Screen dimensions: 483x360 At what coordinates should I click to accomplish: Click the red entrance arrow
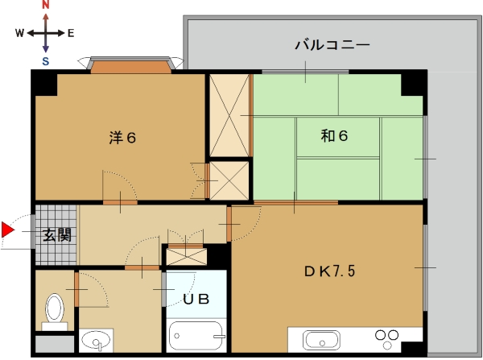pos(7,230)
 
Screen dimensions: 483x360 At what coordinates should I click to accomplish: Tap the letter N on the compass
pos(46,4)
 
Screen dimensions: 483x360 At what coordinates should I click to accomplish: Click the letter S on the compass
pos(46,61)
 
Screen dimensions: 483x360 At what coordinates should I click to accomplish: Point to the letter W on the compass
pos(19,33)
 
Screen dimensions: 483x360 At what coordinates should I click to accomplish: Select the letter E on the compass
pos(71,33)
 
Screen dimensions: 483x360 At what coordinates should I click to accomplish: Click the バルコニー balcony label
pos(332,45)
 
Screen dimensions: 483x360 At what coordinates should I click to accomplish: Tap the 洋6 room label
pos(122,138)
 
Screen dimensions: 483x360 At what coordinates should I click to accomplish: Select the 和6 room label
pos(334,135)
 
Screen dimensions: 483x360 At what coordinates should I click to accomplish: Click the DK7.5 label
pos(329,271)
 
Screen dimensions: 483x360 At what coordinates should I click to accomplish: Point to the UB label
pos(196,300)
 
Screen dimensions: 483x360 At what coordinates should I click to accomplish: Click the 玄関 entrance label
pos(57,235)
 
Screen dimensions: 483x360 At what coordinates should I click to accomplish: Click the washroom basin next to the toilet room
pos(96,340)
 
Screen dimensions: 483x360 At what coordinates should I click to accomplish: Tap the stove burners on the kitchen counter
pos(387,339)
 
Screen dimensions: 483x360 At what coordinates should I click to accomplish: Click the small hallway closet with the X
pos(187,257)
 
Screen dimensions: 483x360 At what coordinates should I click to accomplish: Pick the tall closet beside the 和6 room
pos(229,116)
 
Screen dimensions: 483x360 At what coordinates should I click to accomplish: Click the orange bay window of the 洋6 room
pos(131,67)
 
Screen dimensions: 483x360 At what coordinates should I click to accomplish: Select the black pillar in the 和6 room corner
pos(412,85)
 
